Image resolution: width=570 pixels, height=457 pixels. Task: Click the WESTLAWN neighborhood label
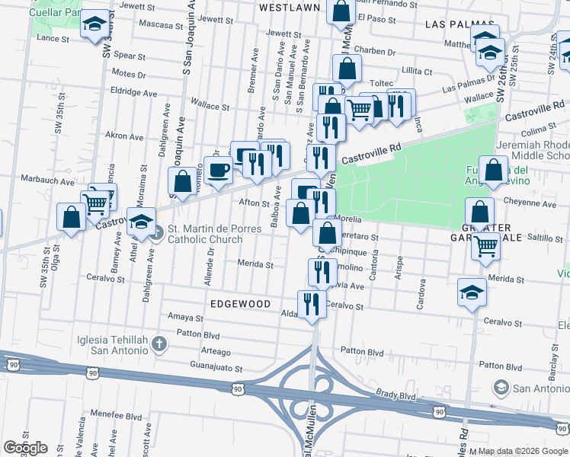pyautogui.click(x=289, y=7)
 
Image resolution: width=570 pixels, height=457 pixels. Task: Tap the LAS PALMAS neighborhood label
pyautogui.click(x=456, y=24)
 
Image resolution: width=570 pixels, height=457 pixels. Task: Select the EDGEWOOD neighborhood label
pyautogui.click(x=241, y=304)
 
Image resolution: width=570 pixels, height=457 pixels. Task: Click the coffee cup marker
pyautogui.click(x=218, y=170)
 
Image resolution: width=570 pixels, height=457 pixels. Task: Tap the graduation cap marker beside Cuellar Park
pyautogui.click(x=95, y=25)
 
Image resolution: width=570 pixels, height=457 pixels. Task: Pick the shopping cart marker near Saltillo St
pyautogui.click(x=485, y=245)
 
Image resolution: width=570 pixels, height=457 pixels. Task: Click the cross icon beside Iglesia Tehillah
pyautogui.click(x=159, y=344)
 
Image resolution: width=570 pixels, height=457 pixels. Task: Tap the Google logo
pyautogui.click(x=25, y=448)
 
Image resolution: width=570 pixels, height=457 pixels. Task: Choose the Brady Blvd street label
pyautogui.click(x=395, y=396)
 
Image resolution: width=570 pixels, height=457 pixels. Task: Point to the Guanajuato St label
pyautogui.click(x=216, y=368)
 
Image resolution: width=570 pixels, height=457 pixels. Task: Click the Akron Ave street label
pyautogui.click(x=124, y=136)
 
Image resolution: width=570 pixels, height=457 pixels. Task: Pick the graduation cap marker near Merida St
pyautogui.click(x=471, y=292)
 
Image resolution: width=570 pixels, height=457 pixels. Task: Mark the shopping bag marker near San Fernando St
pyautogui.click(x=341, y=11)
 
